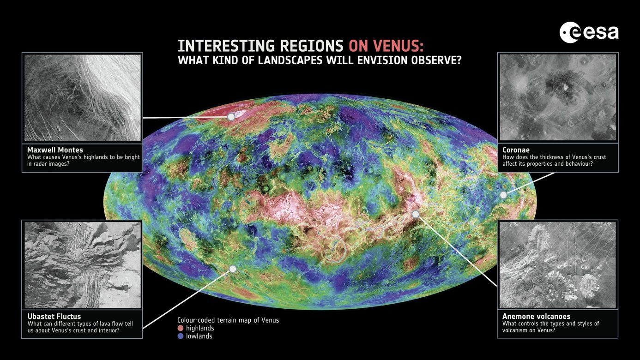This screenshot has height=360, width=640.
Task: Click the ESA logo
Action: pyautogui.click(x=589, y=32)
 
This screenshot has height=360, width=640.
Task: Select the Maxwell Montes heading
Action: pyautogui.click(x=55, y=150)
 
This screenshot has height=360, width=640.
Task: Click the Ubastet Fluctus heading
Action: pyautogui.click(x=54, y=316)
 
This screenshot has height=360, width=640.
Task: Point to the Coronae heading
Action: pyautogui.click(x=516, y=150)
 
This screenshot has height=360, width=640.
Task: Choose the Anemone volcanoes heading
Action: pyautogui.click(x=536, y=316)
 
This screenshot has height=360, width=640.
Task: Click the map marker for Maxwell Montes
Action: pyautogui.click(x=231, y=117)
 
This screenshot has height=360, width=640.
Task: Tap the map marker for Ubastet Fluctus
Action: pyautogui.click(x=233, y=269)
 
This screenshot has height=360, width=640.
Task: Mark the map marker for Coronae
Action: pyautogui.click(x=503, y=195)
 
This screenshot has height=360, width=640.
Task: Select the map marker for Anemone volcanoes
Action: pyautogui.click(x=415, y=214)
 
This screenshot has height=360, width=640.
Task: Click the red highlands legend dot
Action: pyautogui.click(x=181, y=328)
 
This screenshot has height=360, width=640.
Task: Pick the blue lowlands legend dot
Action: pyautogui.click(x=181, y=336)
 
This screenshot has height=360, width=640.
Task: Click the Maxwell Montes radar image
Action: pyautogui.click(x=83, y=97)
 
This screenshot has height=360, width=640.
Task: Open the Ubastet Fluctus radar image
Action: pyautogui.click(x=83, y=264)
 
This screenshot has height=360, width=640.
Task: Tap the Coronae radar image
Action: pyautogui.click(x=558, y=97)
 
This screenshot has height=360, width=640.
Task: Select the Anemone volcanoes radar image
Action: pyautogui.click(x=558, y=264)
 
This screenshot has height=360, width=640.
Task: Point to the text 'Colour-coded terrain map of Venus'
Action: pyautogui.click(x=228, y=320)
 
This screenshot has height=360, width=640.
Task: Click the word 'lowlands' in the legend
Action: pyautogui.click(x=199, y=336)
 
